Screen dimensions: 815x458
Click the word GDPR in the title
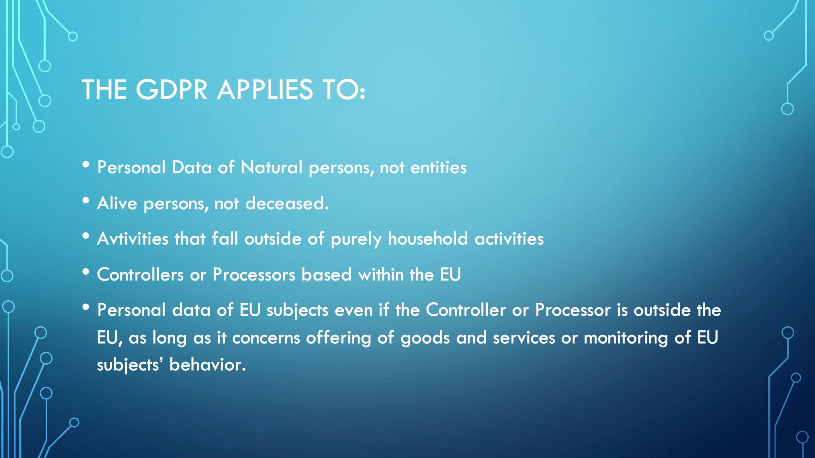(x=172, y=89)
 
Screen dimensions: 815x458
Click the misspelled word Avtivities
(x=133, y=239)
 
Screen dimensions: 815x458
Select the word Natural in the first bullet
(x=271, y=167)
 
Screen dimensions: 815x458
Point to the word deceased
(x=287, y=203)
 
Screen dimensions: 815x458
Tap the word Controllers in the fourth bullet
(x=140, y=275)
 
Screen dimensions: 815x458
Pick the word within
(x=381, y=275)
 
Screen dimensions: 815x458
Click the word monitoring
(x=626, y=338)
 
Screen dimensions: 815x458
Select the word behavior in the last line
(x=207, y=365)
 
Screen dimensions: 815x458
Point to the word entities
(x=438, y=167)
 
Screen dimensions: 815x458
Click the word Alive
(x=117, y=203)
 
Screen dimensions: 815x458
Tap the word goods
(x=425, y=338)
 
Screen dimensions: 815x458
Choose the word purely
(x=356, y=239)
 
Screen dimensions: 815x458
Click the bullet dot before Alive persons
(x=86, y=200)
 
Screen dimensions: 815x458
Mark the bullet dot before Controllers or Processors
(x=86, y=272)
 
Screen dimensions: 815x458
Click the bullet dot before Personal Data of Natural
(x=86, y=164)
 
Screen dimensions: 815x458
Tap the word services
(x=524, y=338)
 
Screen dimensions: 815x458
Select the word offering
(x=339, y=338)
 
